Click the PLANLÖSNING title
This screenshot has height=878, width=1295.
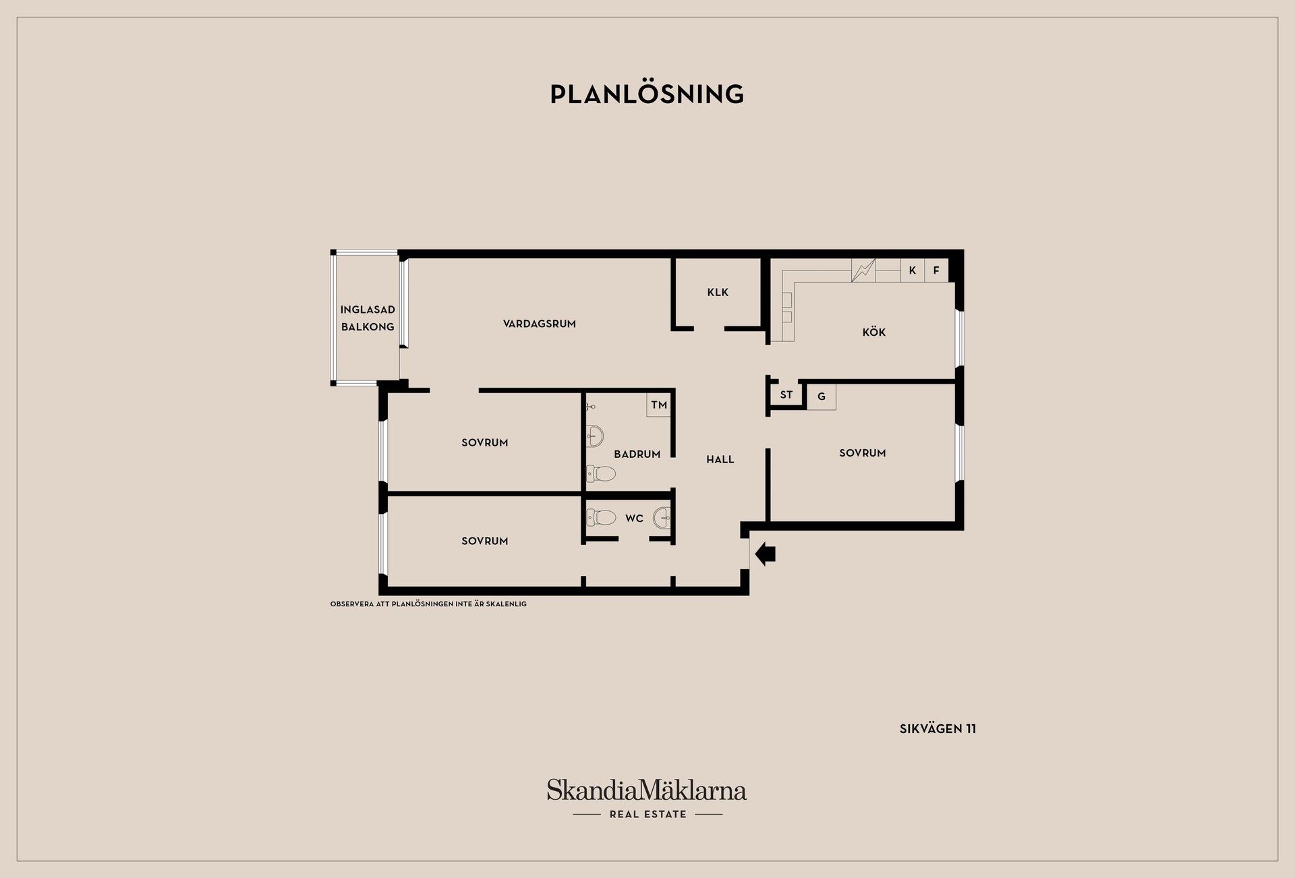[647, 94]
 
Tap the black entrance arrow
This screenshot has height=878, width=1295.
[766, 555]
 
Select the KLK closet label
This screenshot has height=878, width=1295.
[718, 292]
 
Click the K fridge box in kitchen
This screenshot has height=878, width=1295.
[913, 270]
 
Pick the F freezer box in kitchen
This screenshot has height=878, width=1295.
[936, 270]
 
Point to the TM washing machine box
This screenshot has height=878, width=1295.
[659, 405]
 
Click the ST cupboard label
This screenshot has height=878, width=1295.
[786, 394]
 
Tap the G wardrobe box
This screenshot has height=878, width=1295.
[822, 397]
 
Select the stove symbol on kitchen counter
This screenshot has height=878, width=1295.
[863, 270]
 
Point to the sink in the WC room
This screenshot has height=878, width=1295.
[662, 518]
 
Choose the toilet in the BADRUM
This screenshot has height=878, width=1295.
[601, 474]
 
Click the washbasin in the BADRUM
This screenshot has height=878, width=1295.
[594, 436]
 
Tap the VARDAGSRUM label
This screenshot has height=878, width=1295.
[540, 324]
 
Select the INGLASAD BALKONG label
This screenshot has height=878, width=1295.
[368, 318]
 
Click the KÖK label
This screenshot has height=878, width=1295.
[874, 332]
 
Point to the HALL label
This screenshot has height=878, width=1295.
[720, 459]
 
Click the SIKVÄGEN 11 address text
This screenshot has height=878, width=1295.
[938, 729]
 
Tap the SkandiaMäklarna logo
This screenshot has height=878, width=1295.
[647, 798]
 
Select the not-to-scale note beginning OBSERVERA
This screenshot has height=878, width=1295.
[428, 604]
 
